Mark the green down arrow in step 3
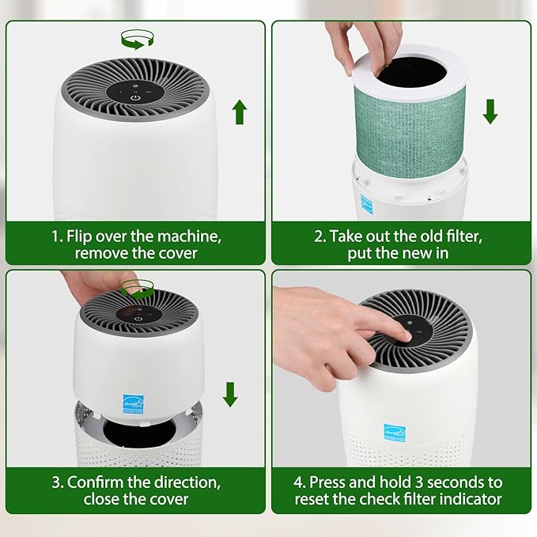pos(230,394)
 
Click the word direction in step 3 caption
pos(175,482)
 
